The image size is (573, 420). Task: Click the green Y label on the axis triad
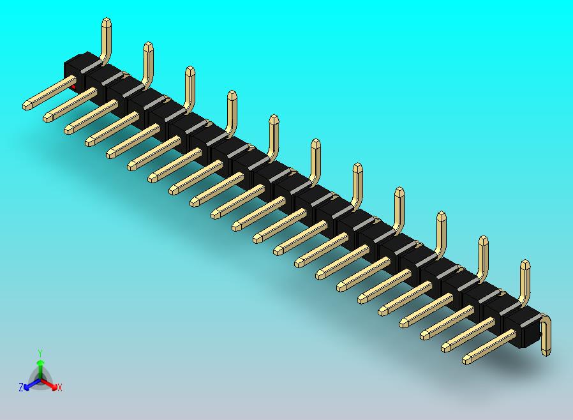click(x=40, y=352)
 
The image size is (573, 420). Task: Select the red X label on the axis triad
click(x=59, y=387)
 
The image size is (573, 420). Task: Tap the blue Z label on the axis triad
click(x=21, y=387)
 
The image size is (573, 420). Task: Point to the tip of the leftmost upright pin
click(x=107, y=23)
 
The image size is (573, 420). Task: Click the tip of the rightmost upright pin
click(x=525, y=265)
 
